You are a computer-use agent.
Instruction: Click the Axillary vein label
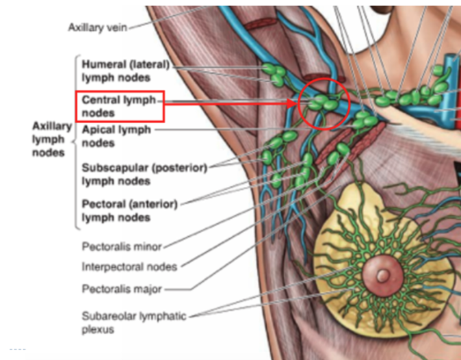[x=97, y=27]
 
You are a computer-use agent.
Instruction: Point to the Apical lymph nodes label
[x=116, y=135]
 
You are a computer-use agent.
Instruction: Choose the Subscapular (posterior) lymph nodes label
[x=144, y=174]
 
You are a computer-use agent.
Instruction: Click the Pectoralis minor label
[x=121, y=244]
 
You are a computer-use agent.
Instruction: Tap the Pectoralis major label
[x=122, y=289]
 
